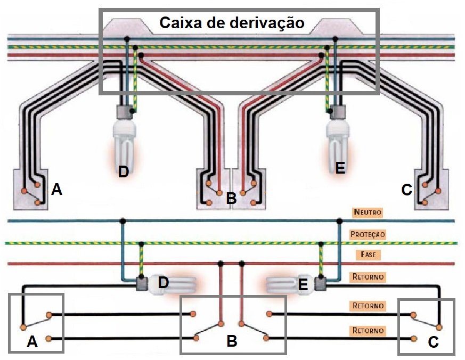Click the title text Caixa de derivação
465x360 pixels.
click(x=232, y=23)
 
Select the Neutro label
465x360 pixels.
click(x=368, y=212)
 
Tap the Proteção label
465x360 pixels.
click(x=368, y=234)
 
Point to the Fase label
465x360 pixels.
click(x=368, y=255)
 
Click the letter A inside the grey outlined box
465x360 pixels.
click(x=32, y=342)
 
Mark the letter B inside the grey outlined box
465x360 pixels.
click(x=232, y=341)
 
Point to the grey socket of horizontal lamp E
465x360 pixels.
click(x=321, y=284)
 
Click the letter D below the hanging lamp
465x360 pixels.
click(x=124, y=171)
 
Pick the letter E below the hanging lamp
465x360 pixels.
click(x=340, y=168)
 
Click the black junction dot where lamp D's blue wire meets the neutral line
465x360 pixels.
click(x=123, y=220)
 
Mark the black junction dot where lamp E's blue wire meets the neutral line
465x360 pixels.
click(x=339, y=220)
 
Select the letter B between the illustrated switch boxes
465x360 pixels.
click(x=231, y=199)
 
